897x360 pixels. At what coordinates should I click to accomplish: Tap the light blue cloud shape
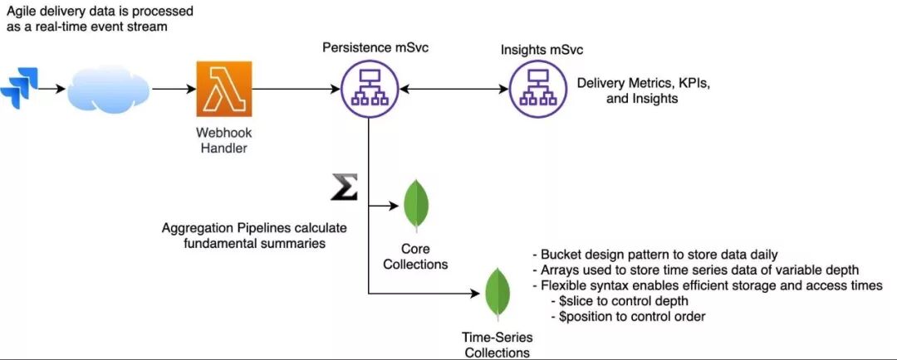pyautogui.click(x=108, y=90)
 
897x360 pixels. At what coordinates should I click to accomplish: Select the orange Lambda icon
pyautogui.click(x=223, y=89)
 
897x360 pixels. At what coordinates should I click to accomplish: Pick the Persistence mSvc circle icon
pyautogui.click(x=369, y=89)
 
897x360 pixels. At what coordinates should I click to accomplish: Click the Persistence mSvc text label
pyautogui.click(x=376, y=47)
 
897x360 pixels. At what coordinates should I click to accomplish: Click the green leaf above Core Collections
pyautogui.click(x=416, y=206)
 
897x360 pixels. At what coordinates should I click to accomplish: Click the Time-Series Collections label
pyautogui.click(x=497, y=346)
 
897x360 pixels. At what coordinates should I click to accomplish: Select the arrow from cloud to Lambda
pyautogui.click(x=174, y=89)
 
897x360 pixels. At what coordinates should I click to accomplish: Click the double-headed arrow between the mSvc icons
pyautogui.click(x=454, y=89)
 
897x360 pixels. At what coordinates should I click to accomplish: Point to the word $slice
pyautogui.click(x=574, y=300)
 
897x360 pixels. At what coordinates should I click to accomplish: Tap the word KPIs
pyautogui.click(x=694, y=84)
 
